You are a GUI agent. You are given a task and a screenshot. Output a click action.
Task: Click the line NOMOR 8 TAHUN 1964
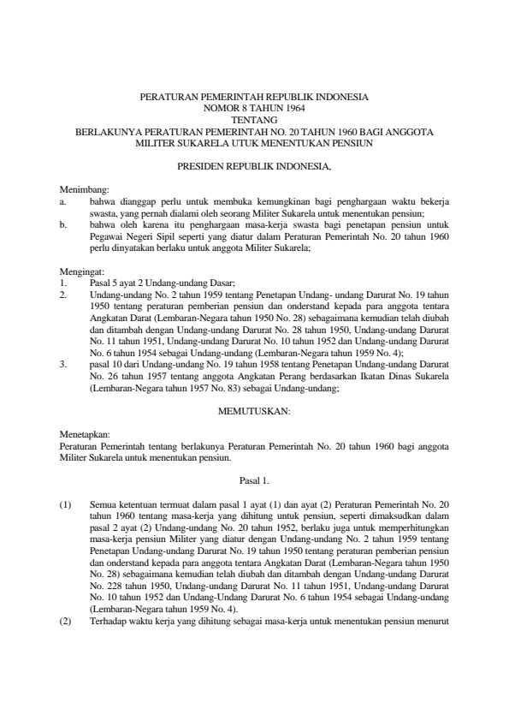point(254,109)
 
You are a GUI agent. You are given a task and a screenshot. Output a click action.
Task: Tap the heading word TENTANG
point(254,121)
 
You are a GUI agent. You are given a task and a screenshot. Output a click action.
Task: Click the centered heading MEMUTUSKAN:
point(254,411)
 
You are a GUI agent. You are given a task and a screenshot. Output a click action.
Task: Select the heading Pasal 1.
point(254,481)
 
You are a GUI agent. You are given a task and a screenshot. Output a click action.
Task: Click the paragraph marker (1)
point(65,505)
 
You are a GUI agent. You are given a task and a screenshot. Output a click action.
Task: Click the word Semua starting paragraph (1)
point(103,505)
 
